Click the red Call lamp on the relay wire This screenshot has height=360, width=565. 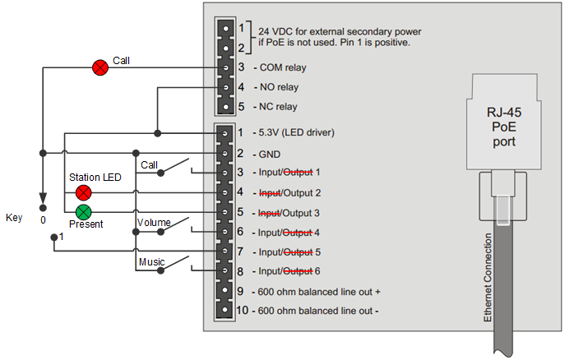click(100, 67)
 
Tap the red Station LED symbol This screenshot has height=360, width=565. click(83, 193)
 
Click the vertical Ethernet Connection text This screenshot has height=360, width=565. click(488, 276)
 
